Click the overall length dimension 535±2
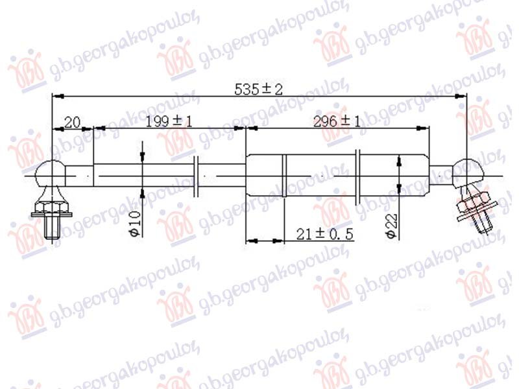259,89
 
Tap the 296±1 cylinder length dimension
337,121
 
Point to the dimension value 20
72,121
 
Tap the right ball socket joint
468,174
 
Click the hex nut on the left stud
51,209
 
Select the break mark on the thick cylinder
359,174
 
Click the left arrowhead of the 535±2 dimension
56,97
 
